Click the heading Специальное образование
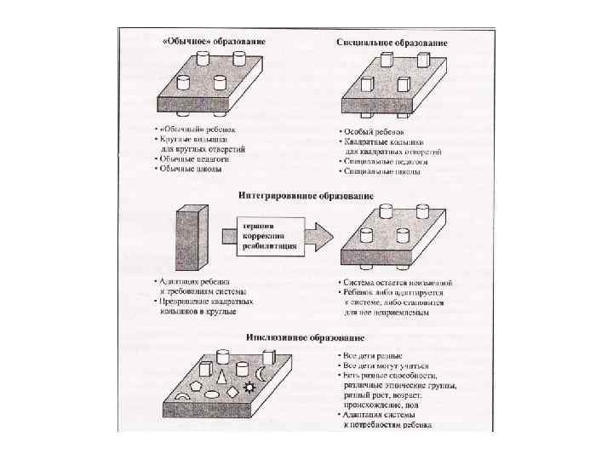(392, 42)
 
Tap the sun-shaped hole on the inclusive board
(249, 388)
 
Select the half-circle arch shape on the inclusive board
(181, 398)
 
